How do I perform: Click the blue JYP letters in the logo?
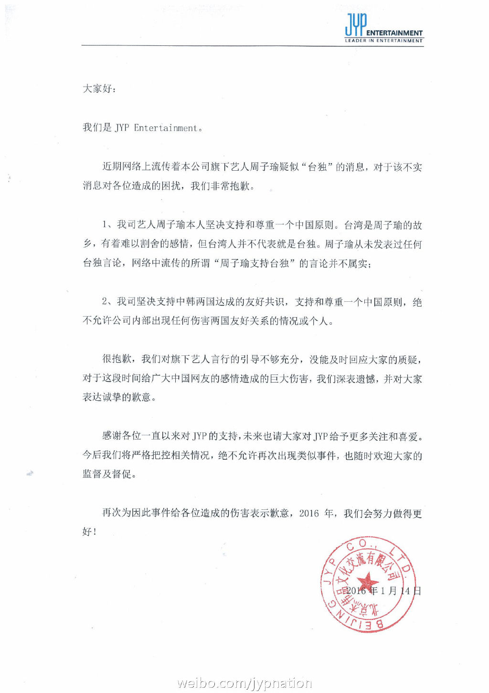[356, 25]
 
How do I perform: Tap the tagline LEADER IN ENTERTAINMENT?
[384, 41]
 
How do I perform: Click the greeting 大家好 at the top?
[97, 88]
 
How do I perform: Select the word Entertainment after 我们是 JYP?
[165, 128]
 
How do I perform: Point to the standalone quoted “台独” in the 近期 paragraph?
[318, 167]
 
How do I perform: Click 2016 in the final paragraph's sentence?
[309, 513]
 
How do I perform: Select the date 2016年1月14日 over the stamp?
[383, 591]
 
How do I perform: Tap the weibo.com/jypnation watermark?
[244, 682]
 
